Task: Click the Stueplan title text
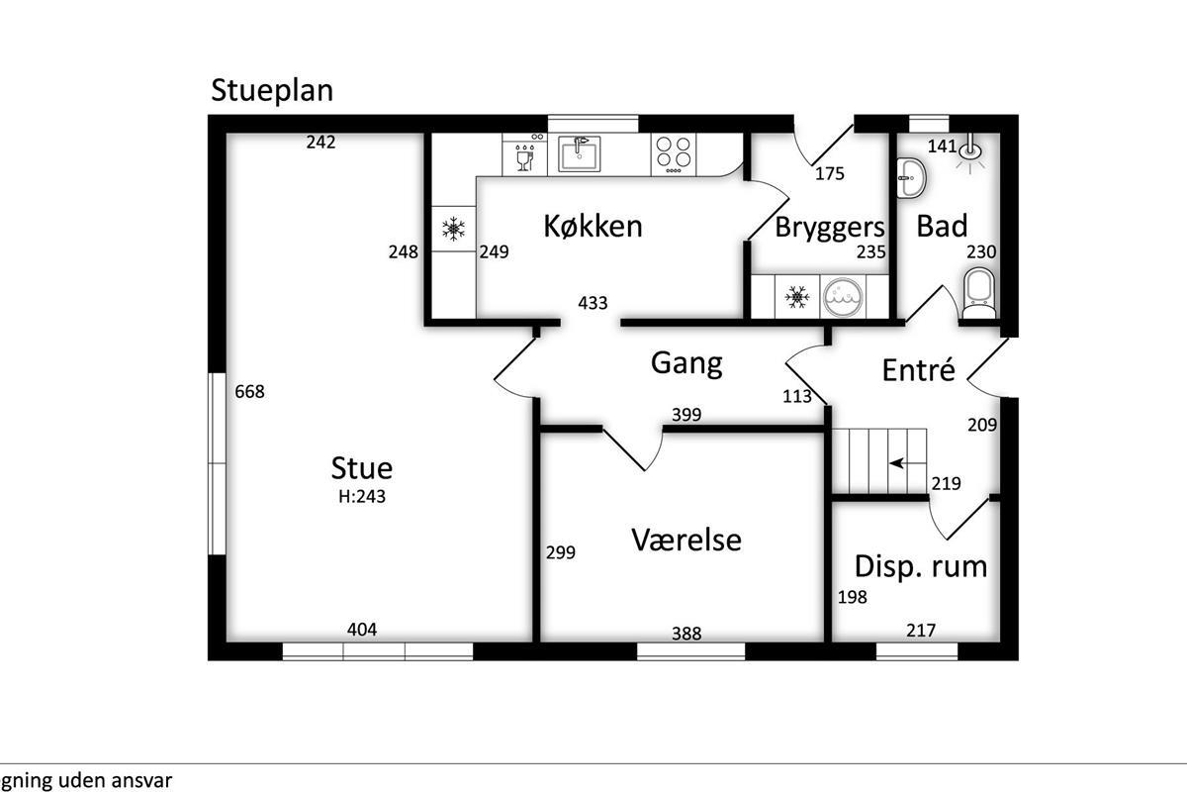pos(272,90)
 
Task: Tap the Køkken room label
pos(593,226)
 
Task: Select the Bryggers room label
pos(829,227)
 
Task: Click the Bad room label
pos(942,226)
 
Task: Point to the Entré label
pos(919,370)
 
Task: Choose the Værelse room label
pos(686,540)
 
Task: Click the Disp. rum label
pos(921,566)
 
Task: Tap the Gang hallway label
pos(686,362)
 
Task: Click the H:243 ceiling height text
pos(362,497)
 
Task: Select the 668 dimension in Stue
pos(250,392)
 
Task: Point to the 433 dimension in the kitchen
pos(593,304)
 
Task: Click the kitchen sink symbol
pos(579,154)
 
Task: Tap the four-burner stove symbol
pos(674,154)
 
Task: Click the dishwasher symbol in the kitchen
pos(524,154)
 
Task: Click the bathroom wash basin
pos(910,178)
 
